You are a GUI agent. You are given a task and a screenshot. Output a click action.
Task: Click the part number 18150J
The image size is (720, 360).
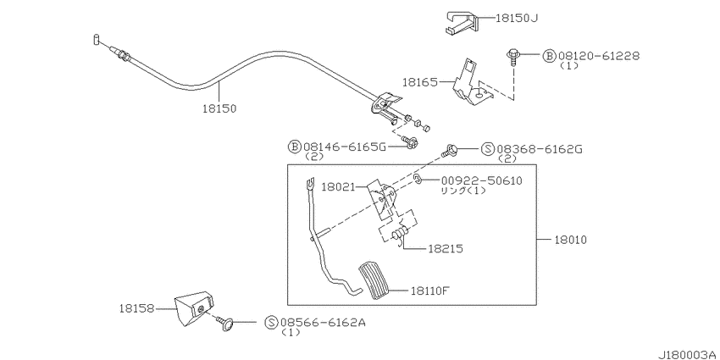tap(517, 18)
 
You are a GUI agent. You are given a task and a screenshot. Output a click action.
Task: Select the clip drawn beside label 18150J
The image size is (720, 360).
tap(462, 23)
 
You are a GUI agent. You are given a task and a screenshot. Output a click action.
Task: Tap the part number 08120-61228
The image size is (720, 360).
tap(598, 56)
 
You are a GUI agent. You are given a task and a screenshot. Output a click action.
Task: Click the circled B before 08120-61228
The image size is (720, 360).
tap(549, 56)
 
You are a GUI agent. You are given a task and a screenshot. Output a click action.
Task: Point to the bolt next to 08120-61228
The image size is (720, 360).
tap(512, 56)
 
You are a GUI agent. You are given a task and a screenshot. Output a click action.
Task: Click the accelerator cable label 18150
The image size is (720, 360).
tap(219, 108)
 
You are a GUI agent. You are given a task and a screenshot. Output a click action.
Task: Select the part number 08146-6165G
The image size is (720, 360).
tap(343, 147)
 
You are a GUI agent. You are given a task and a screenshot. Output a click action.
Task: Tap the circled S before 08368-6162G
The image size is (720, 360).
tap(488, 149)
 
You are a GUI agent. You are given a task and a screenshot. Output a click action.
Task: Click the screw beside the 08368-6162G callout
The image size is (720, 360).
tap(449, 150)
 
